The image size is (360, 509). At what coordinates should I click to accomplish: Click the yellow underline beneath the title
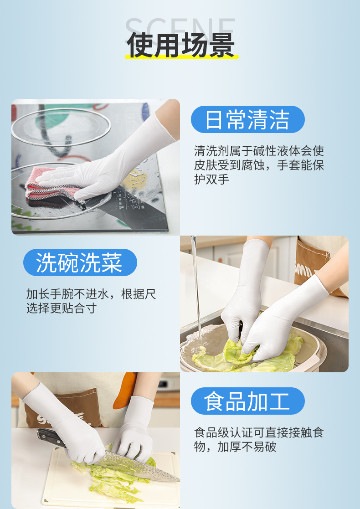click(181, 57)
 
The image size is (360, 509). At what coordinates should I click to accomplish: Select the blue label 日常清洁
click(247, 119)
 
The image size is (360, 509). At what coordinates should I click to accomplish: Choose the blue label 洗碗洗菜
click(80, 262)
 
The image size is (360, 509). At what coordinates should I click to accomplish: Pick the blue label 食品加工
click(247, 401)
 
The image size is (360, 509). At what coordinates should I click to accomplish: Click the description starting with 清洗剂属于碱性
click(259, 165)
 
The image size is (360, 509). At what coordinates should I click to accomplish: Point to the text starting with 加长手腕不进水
click(91, 301)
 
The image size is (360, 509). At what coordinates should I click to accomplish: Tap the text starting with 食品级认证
click(259, 439)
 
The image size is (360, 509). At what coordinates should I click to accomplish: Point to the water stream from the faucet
click(196, 292)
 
